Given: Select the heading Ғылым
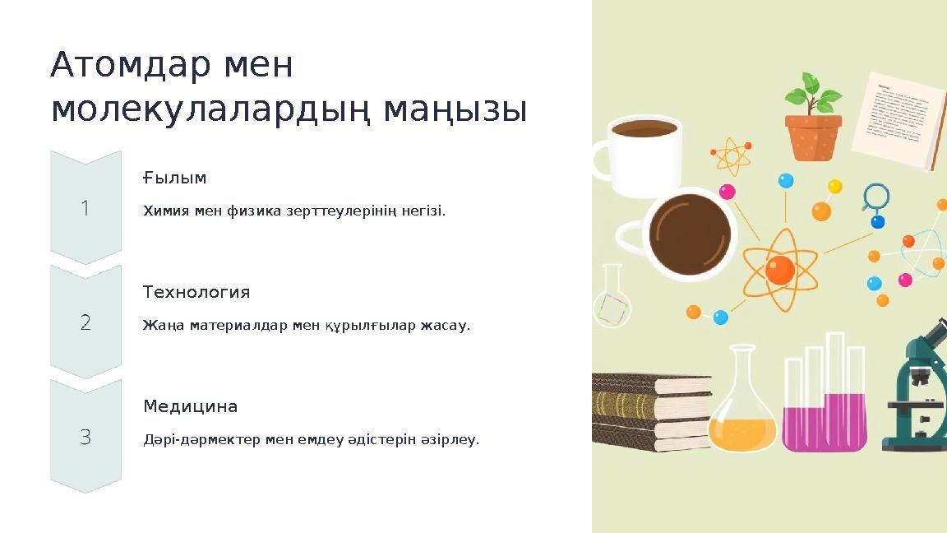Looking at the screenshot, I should tap(174, 178).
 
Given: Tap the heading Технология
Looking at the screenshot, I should tap(196, 292).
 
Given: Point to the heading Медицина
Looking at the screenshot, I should tap(191, 406).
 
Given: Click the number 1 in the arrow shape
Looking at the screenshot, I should tap(85, 208).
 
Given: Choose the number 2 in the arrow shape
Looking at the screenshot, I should tap(85, 322).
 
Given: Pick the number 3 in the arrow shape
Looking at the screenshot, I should tap(85, 437).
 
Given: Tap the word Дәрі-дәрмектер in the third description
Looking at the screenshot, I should tap(202, 440).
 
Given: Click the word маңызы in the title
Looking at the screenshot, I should tap(468, 109).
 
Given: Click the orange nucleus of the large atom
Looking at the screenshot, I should tap(779, 269).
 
